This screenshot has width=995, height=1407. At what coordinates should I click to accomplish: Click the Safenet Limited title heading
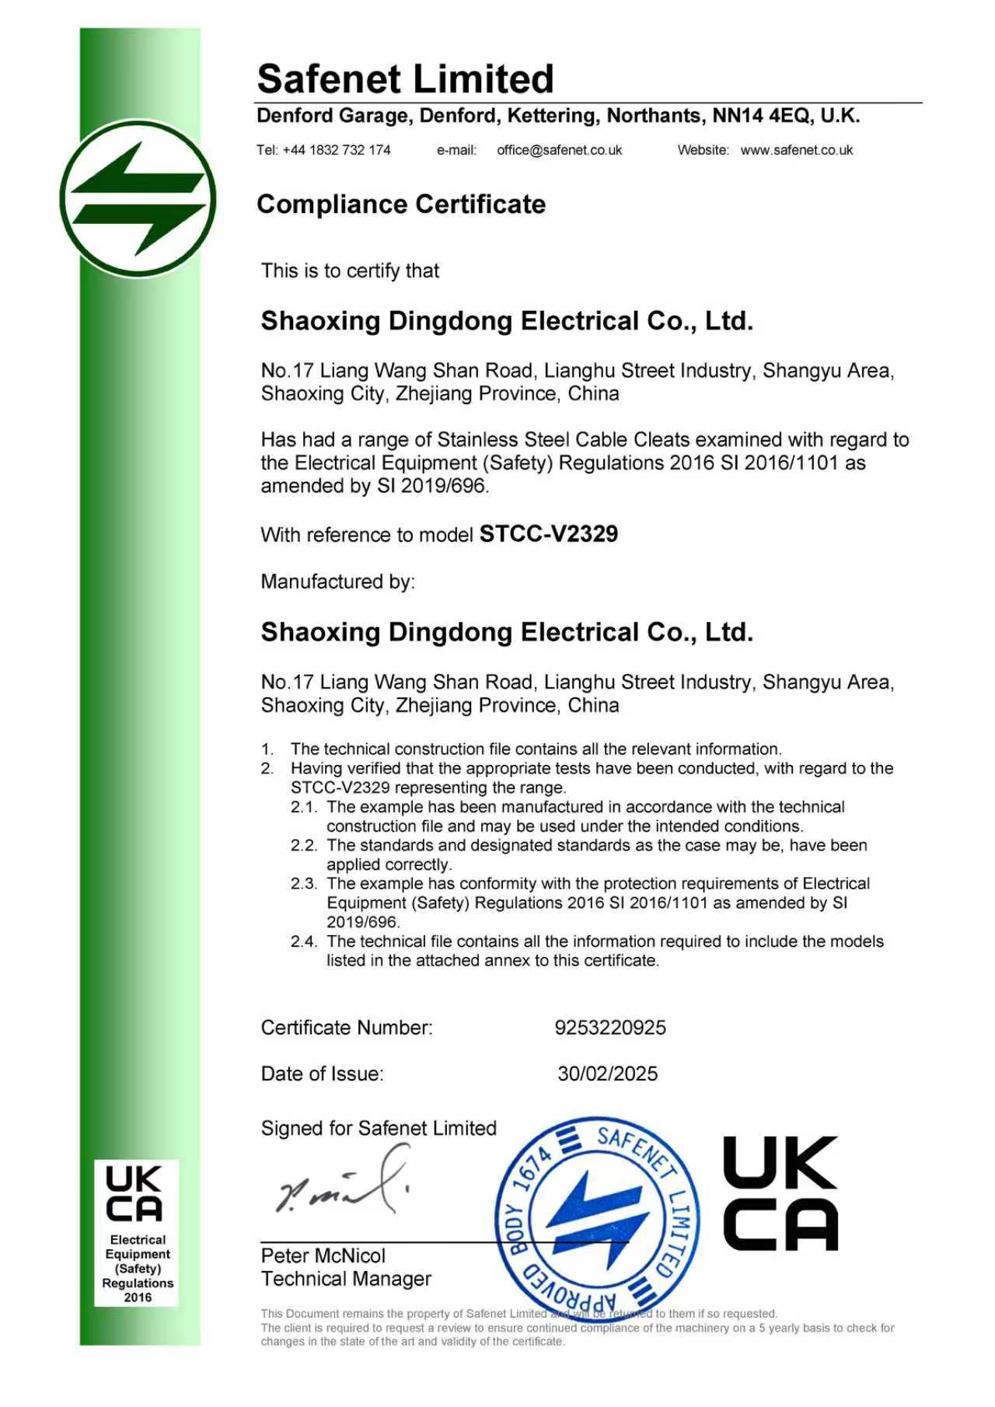pyautogui.click(x=405, y=79)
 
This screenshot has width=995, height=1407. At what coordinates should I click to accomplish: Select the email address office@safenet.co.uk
pyautogui.click(x=559, y=150)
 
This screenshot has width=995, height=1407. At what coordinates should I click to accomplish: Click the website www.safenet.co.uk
pyautogui.click(x=796, y=150)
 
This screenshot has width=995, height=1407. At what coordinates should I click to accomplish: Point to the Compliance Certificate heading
pyautogui.click(x=401, y=204)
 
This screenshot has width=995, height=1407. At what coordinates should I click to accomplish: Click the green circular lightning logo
pyautogui.click(x=138, y=199)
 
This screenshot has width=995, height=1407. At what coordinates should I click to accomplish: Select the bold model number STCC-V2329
pyautogui.click(x=548, y=534)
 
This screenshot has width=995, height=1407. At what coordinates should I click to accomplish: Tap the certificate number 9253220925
pyautogui.click(x=609, y=1028)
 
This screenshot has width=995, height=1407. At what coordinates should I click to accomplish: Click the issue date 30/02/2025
pyautogui.click(x=607, y=1074)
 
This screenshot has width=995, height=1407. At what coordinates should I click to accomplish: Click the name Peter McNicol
pyautogui.click(x=323, y=1255)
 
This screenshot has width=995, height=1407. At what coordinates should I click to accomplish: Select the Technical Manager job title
pyautogui.click(x=346, y=1279)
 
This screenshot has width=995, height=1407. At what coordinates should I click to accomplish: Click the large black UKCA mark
pyautogui.click(x=780, y=1193)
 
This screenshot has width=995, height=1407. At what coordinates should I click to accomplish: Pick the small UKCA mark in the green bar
pyautogui.click(x=134, y=1193)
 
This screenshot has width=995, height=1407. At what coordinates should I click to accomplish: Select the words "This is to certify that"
pyautogui.click(x=350, y=271)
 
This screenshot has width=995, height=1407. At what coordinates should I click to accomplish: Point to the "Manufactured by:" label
pyautogui.click(x=337, y=581)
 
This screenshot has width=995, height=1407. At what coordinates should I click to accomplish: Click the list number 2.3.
pyautogui.click(x=304, y=884)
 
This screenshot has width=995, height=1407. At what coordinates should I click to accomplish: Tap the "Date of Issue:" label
pyautogui.click(x=322, y=1074)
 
